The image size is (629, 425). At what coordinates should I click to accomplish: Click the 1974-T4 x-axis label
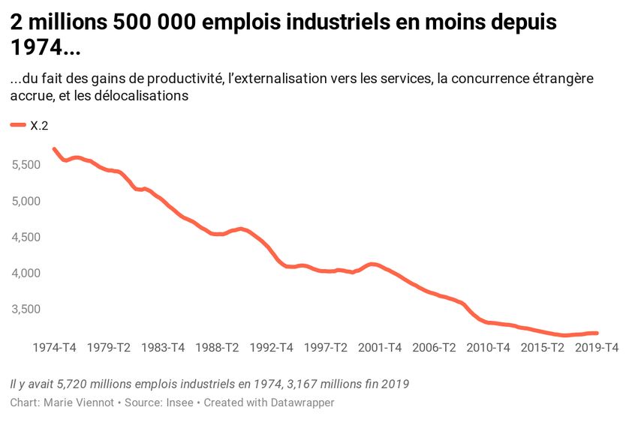point(54,348)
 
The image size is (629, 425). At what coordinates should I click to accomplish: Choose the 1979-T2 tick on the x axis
point(109,348)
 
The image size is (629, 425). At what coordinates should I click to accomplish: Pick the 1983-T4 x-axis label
point(163,348)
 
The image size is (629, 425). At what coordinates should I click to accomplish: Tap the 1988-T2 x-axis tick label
point(217,348)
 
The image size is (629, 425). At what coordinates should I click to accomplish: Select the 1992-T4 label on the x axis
point(271,348)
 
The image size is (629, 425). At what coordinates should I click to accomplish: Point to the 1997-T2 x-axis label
point(326,348)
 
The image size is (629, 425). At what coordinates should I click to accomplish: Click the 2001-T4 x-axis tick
point(380,348)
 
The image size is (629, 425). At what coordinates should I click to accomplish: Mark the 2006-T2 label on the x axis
point(434,348)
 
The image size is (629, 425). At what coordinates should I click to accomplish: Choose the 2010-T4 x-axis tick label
point(488,348)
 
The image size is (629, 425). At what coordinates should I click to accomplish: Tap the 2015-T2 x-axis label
point(543,348)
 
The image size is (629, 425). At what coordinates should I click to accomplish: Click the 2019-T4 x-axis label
point(597,348)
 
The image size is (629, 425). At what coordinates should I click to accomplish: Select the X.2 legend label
point(39,127)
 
